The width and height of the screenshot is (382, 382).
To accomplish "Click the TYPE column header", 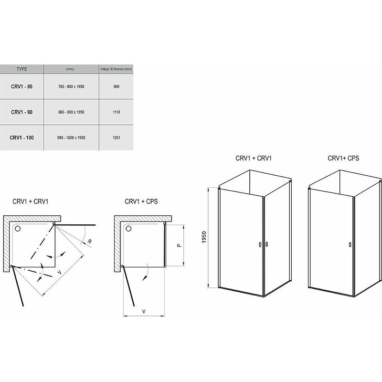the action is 22,69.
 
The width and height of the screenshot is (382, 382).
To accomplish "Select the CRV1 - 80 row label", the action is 21,86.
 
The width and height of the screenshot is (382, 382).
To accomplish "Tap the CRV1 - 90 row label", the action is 21,112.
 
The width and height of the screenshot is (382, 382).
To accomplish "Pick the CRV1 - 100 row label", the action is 21,138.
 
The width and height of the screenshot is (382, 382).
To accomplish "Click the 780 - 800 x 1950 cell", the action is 71,86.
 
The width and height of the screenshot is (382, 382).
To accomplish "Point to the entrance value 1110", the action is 117,112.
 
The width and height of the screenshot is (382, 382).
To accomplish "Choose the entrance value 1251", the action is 117,138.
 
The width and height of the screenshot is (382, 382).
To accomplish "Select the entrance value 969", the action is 117,86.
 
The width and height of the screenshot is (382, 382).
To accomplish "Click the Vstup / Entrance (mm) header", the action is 116,69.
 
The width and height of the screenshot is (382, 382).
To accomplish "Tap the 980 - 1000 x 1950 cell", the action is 71,138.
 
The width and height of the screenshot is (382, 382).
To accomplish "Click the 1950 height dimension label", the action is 204,237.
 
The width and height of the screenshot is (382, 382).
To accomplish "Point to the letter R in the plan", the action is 90,242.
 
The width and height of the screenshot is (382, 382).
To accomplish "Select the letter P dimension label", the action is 179,245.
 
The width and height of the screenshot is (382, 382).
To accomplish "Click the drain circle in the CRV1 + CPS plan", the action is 128,229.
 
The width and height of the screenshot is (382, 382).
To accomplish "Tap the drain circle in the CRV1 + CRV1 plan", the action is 18,229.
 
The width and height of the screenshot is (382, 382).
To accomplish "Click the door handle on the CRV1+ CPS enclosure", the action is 350,244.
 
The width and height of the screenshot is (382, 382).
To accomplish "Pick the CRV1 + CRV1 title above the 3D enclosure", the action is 254,159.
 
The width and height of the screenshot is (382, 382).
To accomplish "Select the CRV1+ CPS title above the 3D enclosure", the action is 343,159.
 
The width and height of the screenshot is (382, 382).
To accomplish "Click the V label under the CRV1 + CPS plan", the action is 144,311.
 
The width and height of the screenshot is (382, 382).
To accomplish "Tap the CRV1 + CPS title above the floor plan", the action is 141,202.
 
